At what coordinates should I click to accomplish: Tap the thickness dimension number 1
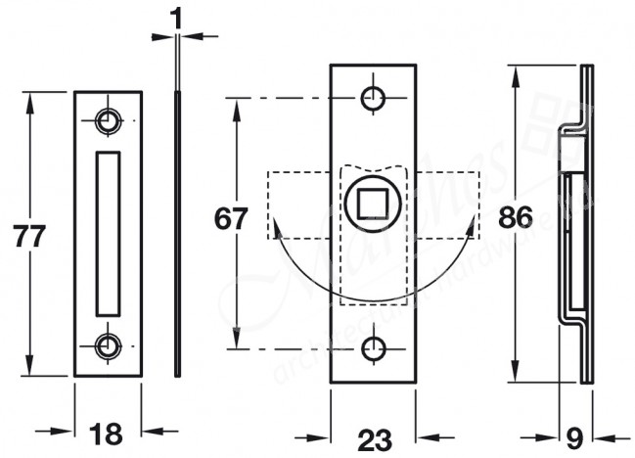click(x=177, y=17)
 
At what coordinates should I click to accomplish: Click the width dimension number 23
click(x=372, y=440)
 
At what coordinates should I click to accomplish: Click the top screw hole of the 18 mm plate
click(x=108, y=120)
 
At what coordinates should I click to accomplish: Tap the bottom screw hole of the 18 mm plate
click(x=108, y=344)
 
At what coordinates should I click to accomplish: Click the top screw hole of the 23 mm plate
click(x=372, y=98)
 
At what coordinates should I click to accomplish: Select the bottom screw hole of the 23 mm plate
click(x=372, y=348)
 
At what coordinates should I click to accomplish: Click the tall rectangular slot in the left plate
click(x=107, y=233)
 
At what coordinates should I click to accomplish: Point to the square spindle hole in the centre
click(x=372, y=205)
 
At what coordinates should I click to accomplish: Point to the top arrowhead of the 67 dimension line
click(x=235, y=106)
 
